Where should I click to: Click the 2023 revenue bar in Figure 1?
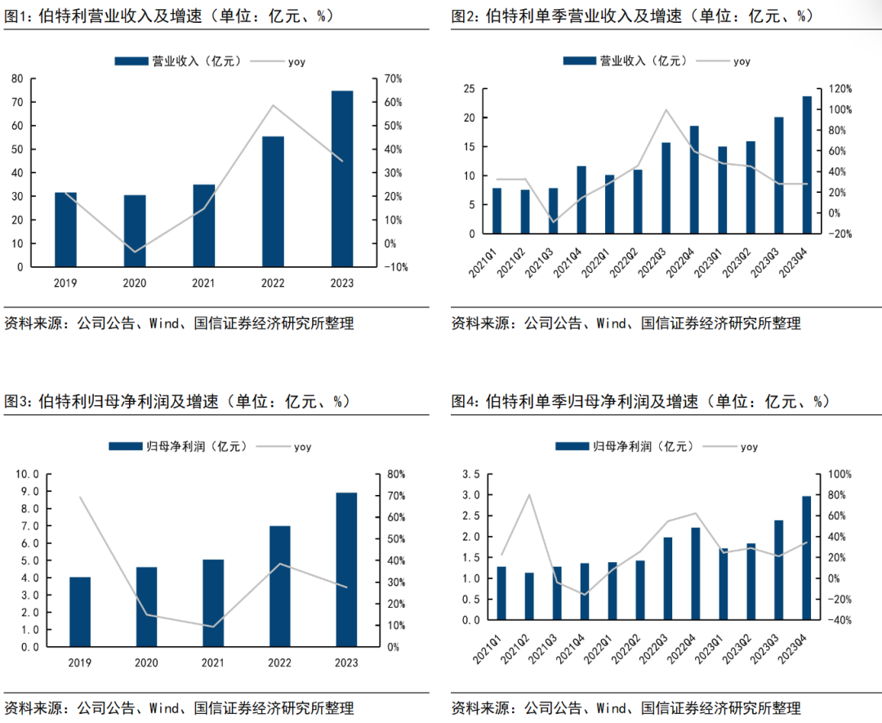[x=342, y=178]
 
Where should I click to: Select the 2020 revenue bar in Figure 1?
[x=135, y=230]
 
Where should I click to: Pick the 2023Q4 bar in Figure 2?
[x=807, y=164]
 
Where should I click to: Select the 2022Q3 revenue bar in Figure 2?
[x=666, y=188]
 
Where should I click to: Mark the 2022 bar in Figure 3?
[x=279, y=587]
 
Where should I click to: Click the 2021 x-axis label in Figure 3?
[x=212, y=663]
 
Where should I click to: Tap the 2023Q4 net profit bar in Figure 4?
[x=807, y=558]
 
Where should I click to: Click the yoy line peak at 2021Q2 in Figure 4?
[x=529, y=495]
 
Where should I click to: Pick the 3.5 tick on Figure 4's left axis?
[x=470, y=475]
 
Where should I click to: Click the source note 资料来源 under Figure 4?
[x=482, y=707]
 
